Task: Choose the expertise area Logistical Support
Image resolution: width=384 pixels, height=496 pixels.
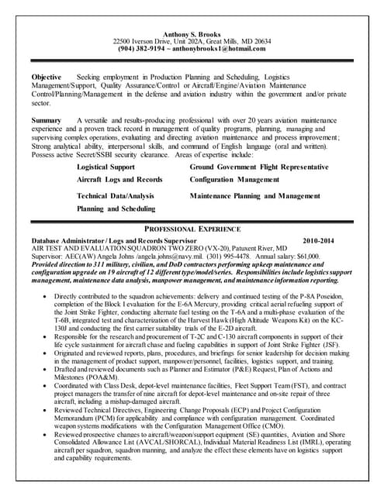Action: pyautogui.click(x=106, y=167)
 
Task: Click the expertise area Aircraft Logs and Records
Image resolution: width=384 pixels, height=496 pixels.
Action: pyautogui.click(x=119, y=179)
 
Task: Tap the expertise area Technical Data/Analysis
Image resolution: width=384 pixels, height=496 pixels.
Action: pyautogui.click(x=116, y=196)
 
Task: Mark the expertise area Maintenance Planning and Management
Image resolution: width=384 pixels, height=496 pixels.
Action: pyautogui.click(x=254, y=196)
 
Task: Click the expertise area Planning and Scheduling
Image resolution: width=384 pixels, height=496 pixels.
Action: pyautogui.click(x=116, y=208)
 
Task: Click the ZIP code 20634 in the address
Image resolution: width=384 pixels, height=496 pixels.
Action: pyautogui.click(x=259, y=40)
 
